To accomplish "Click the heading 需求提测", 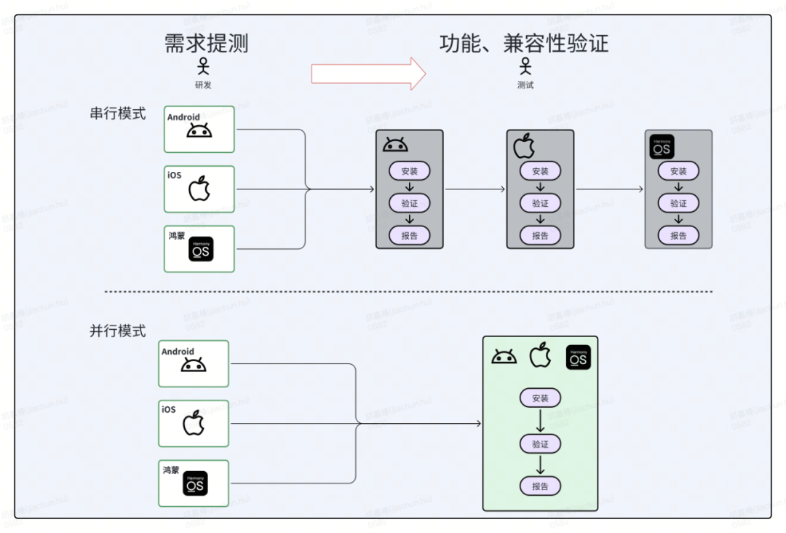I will (207, 43).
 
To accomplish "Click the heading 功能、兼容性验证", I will (524, 43).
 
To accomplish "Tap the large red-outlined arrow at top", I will (368, 74).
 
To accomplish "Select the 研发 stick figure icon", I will (203, 67).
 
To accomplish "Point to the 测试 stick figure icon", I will (525, 67).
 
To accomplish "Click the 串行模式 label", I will (118, 114).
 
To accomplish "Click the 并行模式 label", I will (118, 331).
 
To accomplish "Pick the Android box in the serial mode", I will (199, 129).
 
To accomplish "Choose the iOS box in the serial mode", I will (199, 189).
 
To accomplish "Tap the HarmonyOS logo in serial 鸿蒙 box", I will (201, 249).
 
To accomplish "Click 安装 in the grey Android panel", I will (409, 171).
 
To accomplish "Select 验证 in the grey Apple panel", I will (540, 203).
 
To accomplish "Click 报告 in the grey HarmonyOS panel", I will (678, 235).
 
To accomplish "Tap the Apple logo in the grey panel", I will (524, 146).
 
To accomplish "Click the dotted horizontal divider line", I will (408, 292).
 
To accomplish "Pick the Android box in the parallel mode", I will (194, 363).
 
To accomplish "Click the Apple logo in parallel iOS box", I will (193, 423).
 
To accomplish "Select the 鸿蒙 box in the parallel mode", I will (194, 483).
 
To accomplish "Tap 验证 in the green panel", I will (540, 443).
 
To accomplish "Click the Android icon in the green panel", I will (504, 357).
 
